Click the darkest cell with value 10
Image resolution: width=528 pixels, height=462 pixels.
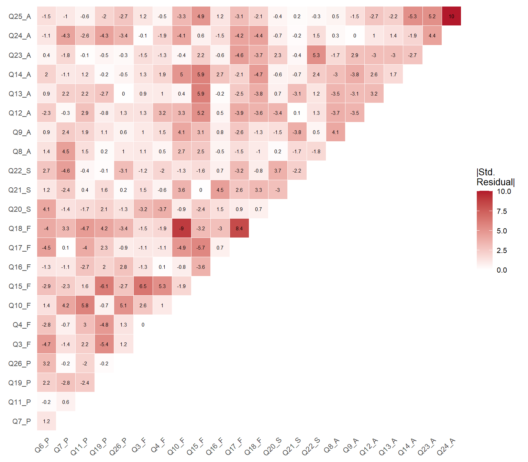[451, 16]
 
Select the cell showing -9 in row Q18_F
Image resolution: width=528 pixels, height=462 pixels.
[181, 228]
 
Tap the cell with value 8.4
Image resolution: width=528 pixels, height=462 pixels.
[239, 228]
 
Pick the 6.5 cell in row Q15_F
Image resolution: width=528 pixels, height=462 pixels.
[143, 286]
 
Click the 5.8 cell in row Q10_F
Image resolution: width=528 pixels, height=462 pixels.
[85, 305]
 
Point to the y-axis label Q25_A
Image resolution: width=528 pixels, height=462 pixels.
[20, 16]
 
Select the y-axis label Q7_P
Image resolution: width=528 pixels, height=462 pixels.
[22, 421]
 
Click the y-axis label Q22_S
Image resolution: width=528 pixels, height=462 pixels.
[20, 171]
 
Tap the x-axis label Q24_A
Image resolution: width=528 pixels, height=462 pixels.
[446, 447]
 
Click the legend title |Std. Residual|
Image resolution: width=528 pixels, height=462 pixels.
[495, 177]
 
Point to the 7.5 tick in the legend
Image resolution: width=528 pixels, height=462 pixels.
[502, 211]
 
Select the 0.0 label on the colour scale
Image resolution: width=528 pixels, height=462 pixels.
[502, 270]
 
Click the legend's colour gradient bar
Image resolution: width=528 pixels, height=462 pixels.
[485, 230]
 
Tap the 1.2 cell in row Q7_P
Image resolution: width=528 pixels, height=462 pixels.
[46, 421]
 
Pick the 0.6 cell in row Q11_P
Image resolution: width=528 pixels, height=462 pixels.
[66, 402]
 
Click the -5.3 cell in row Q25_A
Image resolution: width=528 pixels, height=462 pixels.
[412, 16]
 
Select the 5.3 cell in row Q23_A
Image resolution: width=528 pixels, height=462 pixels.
[316, 55]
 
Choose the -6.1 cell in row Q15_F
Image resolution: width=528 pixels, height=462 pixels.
[104, 286]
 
